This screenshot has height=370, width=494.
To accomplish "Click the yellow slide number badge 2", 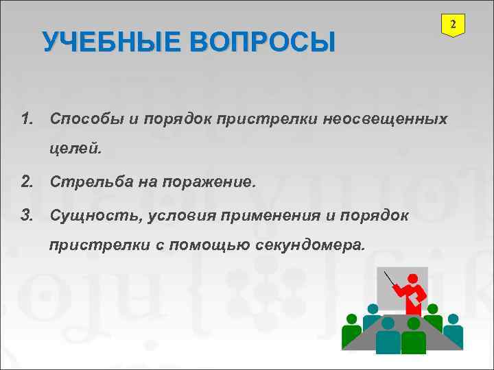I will pos(452,25).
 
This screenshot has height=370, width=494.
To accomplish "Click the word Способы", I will pos(86,120).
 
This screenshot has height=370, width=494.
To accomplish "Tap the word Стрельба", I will pos(88,182).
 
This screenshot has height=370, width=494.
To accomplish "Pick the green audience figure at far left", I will pos(351,331).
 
